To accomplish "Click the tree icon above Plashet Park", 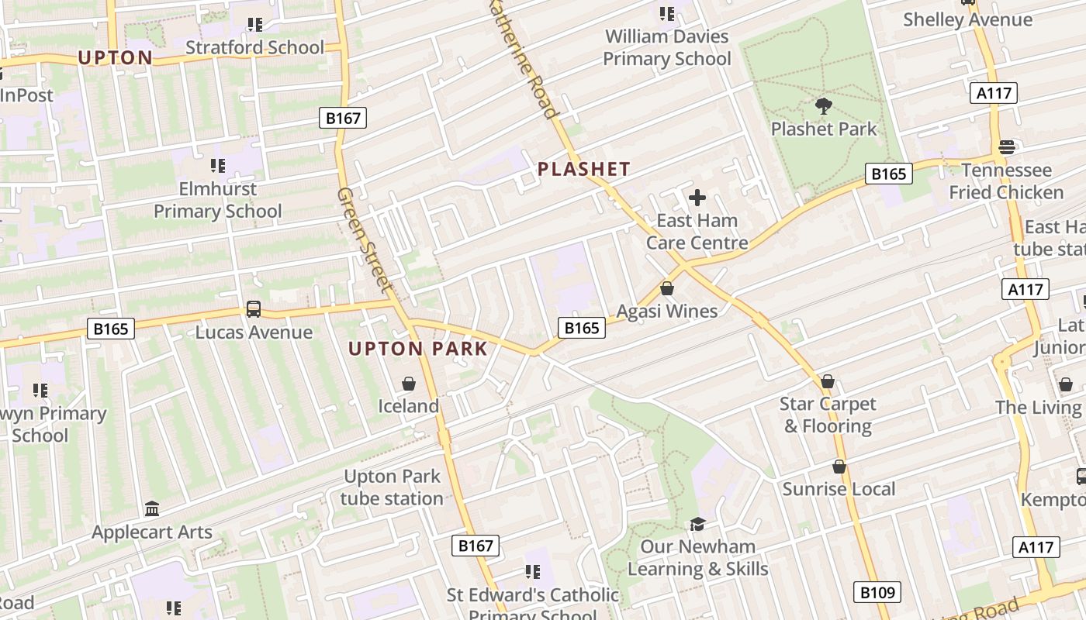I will click(823, 106).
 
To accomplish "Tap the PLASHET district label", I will click(584, 169).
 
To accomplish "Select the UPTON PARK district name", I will click(418, 349).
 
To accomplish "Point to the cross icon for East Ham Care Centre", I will click(697, 198).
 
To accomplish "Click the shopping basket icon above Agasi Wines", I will click(666, 288).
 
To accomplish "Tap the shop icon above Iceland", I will click(408, 384).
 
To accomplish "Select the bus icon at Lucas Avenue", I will click(254, 309).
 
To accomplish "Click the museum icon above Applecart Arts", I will click(152, 509).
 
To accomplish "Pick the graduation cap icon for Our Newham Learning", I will click(697, 524).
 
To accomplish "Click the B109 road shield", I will click(878, 592).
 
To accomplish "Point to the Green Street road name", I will click(365, 239).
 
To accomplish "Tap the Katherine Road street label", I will click(524, 58).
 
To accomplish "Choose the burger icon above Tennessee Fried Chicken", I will click(1006, 147).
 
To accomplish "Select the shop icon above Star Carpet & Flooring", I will click(828, 381).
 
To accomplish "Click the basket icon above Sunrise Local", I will click(839, 467).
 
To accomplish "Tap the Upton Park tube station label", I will click(392, 487).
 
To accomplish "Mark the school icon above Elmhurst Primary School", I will click(218, 166).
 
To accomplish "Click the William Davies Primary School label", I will click(667, 47).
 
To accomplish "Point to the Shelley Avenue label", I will click(967, 19).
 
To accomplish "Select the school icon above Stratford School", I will click(254, 25).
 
